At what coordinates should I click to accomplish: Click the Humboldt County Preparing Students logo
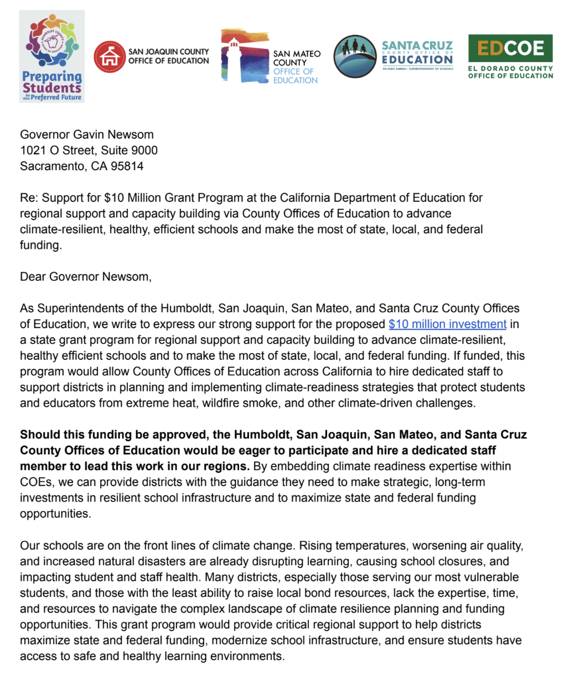[51, 56]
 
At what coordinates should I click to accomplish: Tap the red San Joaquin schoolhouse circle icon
[110, 57]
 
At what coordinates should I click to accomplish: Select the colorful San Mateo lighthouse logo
[244, 57]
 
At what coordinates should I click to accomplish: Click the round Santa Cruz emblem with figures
[355, 57]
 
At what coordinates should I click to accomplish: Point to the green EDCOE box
[510, 48]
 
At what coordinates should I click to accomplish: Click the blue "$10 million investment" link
[447, 324]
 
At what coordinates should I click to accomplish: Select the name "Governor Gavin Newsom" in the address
[87, 135]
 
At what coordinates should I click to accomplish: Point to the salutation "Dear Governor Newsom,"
[86, 277]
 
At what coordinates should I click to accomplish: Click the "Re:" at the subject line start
[29, 198]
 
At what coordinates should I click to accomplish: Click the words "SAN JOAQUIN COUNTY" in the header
[169, 52]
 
